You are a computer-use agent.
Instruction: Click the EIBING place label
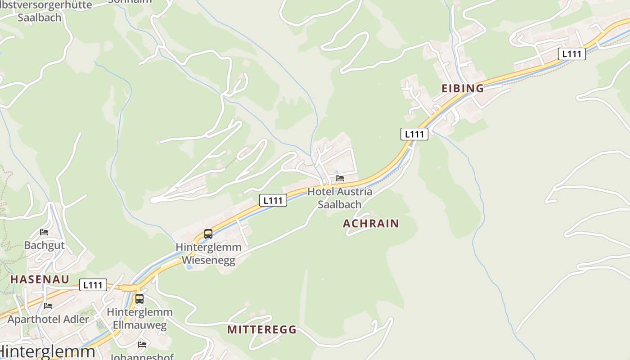click(463, 88)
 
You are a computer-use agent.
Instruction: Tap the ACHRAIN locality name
click(371, 223)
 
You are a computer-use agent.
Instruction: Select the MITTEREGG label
click(262, 329)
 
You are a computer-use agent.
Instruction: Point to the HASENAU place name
click(40, 279)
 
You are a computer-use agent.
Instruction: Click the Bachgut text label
click(44, 245)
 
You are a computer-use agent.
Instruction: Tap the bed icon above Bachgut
click(44, 232)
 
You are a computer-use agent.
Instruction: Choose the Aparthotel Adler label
click(48, 319)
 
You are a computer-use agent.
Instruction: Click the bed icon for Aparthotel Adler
click(48, 306)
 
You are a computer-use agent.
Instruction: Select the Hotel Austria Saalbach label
click(340, 198)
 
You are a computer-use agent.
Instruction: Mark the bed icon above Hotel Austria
click(340, 178)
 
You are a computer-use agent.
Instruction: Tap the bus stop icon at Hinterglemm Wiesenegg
click(208, 234)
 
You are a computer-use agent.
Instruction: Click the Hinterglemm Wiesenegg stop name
click(208, 254)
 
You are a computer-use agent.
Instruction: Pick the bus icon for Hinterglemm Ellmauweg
click(139, 299)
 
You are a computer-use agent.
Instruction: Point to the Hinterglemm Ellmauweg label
click(139, 318)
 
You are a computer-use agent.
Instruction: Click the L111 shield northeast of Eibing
click(572, 54)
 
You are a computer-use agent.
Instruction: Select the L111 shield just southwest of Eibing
click(414, 134)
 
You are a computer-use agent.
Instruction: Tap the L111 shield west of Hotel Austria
click(273, 200)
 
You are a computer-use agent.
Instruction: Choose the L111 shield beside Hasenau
click(93, 285)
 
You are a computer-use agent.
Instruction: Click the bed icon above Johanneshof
click(142, 345)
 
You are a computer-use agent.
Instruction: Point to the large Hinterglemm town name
click(48, 351)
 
